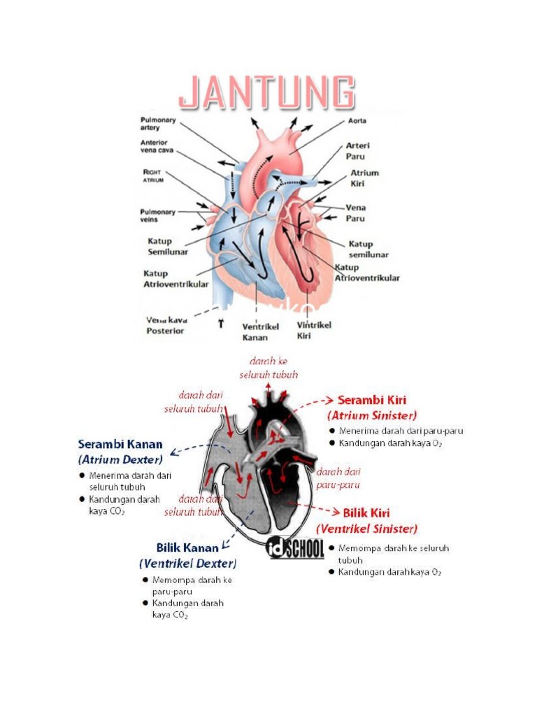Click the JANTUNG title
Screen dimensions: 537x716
266,94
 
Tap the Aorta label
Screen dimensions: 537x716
357,121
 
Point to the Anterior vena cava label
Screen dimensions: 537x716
157,148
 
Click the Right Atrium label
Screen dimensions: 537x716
154,175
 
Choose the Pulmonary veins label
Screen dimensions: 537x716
158,215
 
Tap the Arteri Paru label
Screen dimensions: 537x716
358,150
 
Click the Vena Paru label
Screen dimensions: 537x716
356,212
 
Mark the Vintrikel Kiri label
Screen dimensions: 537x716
314,329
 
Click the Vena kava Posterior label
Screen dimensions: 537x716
165,325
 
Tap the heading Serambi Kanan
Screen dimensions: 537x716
120,444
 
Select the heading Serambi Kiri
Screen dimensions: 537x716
372,401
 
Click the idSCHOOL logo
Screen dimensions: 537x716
296,547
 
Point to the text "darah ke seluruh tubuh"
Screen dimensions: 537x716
268,368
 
